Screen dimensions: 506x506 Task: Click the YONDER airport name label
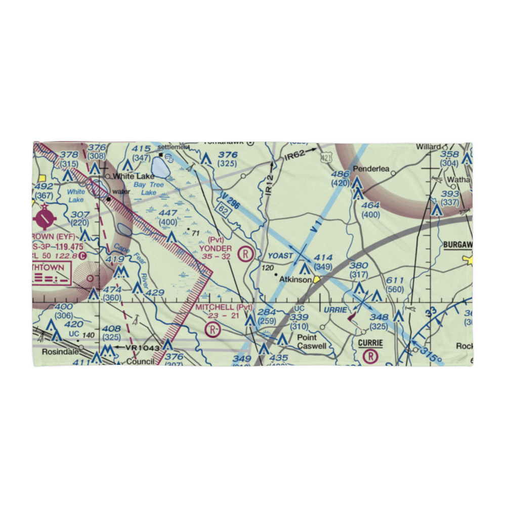[x=216, y=248]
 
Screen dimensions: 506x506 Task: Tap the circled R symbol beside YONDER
[x=246, y=253]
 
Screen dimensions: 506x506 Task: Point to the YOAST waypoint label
[x=280, y=256]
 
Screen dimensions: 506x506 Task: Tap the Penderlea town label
[x=371, y=169]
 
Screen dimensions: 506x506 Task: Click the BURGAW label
[x=457, y=245]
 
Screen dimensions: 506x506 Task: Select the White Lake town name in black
[x=131, y=177]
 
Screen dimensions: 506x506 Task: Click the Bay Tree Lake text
[x=149, y=189]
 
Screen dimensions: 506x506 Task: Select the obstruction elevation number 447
[x=167, y=213]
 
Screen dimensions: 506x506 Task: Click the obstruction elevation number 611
[x=395, y=280]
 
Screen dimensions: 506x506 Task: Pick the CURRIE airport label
[x=370, y=343]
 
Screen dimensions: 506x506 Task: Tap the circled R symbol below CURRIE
[x=371, y=356]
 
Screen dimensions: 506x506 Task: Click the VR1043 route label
[x=143, y=348]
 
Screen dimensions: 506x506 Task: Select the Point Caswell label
[x=309, y=342]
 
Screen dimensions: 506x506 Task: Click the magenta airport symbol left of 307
[x=46, y=219]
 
